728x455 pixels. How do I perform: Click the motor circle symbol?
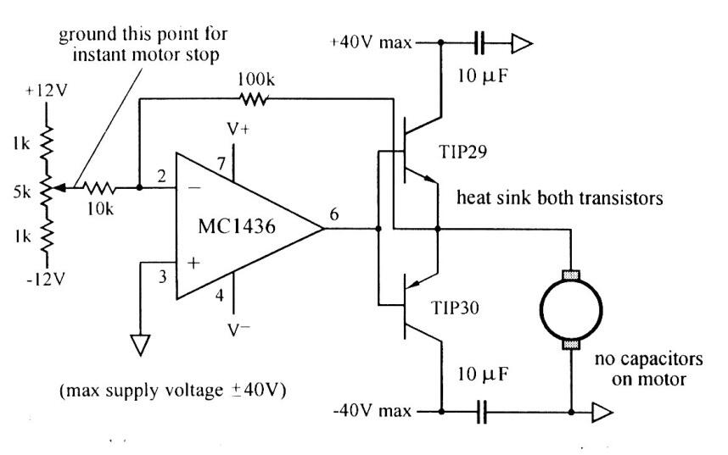(571, 307)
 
